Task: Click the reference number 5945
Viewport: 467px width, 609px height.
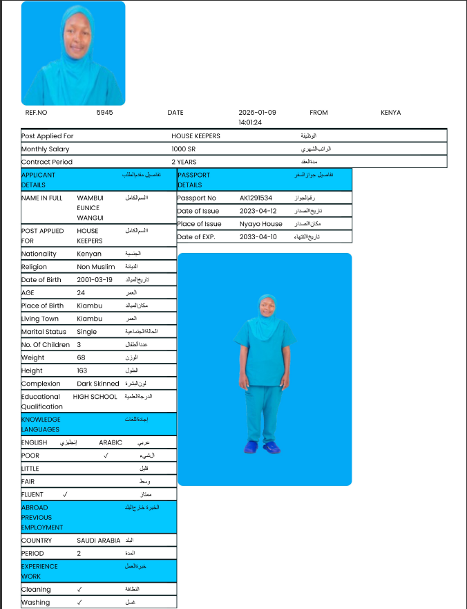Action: (x=104, y=112)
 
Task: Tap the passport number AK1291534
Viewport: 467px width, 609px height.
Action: (x=256, y=198)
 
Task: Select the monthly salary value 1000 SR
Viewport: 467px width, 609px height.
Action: (x=184, y=149)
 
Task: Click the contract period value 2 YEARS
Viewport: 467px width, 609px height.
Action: (x=184, y=162)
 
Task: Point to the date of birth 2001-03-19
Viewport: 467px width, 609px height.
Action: (x=95, y=280)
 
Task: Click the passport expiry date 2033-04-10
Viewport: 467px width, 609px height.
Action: (x=258, y=237)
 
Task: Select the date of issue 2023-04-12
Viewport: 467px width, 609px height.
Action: (x=258, y=211)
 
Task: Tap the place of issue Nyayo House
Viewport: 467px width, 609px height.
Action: (x=260, y=224)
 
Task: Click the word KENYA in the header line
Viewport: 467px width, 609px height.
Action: (x=390, y=112)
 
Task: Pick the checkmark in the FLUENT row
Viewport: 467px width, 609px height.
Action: (x=65, y=494)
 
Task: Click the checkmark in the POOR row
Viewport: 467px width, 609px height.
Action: (x=106, y=456)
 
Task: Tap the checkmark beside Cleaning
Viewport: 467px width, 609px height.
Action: (x=80, y=590)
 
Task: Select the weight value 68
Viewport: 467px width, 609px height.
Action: (x=81, y=358)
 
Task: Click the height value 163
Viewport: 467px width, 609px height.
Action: (x=82, y=371)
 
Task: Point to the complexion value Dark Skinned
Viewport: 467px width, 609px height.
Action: (x=98, y=384)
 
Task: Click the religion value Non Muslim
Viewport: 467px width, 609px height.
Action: (x=96, y=267)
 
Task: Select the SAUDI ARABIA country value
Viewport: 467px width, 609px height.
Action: (x=99, y=541)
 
